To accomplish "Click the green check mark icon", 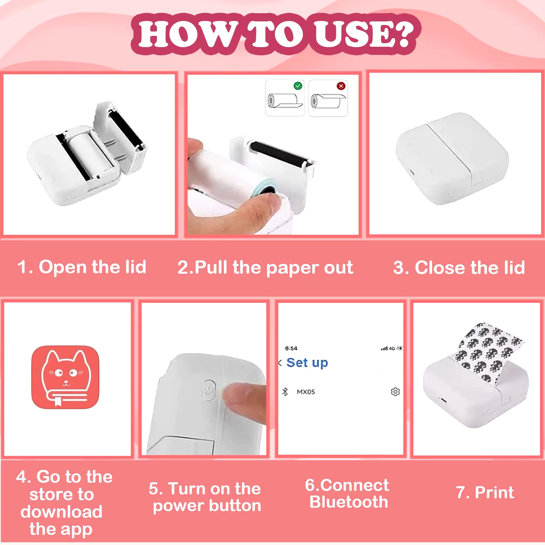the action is pyautogui.click(x=297, y=86).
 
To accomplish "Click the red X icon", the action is pyautogui.click(x=341, y=86).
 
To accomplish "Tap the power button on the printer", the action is pyautogui.click(x=209, y=390).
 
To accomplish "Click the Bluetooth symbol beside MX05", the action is pyautogui.click(x=285, y=392).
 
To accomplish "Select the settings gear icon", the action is pyautogui.click(x=395, y=392).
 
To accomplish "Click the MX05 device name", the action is pyautogui.click(x=306, y=392).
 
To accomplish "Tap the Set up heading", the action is pyautogui.click(x=307, y=363).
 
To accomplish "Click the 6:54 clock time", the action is pyautogui.click(x=291, y=348).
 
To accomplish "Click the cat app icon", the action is pyautogui.click(x=65, y=377).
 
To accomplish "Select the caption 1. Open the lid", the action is pyautogui.click(x=82, y=267).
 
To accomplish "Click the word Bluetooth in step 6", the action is pyautogui.click(x=349, y=502).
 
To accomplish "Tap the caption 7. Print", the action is pyautogui.click(x=485, y=492).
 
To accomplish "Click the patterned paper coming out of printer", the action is pyautogui.click(x=488, y=352).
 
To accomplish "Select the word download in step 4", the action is pyautogui.click(x=62, y=512).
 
